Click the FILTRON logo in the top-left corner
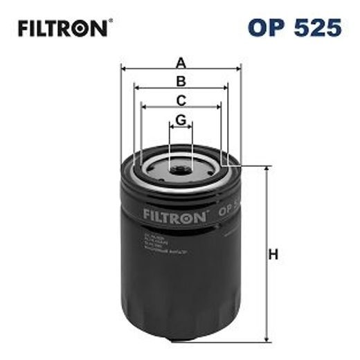[61, 28]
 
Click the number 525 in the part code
[318, 28]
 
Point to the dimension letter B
[181, 81]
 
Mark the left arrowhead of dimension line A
[123, 68]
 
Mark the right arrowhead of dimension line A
[238, 68]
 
